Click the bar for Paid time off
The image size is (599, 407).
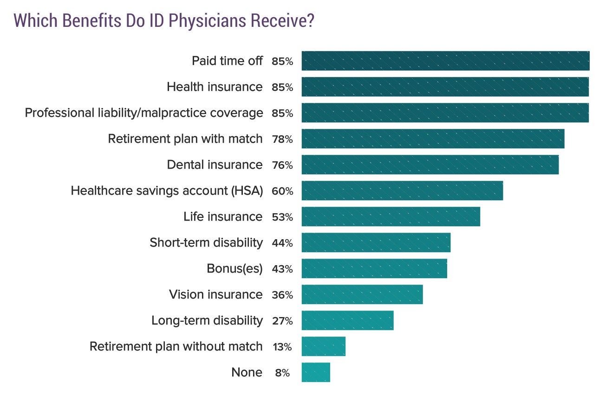tap(445, 61)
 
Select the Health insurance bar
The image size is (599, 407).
tap(445, 87)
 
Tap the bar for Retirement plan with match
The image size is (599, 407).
tap(433, 139)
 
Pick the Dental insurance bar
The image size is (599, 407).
tap(430, 165)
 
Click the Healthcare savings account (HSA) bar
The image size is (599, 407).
tap(402, 191)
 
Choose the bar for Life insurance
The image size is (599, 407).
tap(391, 216)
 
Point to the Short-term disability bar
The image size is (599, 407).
tap(376, 242)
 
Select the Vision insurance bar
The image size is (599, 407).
tap(362, 294)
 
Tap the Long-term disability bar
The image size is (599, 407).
tap(347, 320)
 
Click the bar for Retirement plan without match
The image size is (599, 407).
tap(323, 346)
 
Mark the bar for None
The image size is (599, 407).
tap(316, 372)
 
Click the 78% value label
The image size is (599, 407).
tap(282, 139)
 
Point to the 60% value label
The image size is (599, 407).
tap(282, 191)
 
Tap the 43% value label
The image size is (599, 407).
tap(282, 269)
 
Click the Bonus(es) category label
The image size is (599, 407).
tap(234, 269)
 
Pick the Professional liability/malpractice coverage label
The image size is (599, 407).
tap(144, 113)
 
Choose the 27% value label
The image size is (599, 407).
tap(282, 321)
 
